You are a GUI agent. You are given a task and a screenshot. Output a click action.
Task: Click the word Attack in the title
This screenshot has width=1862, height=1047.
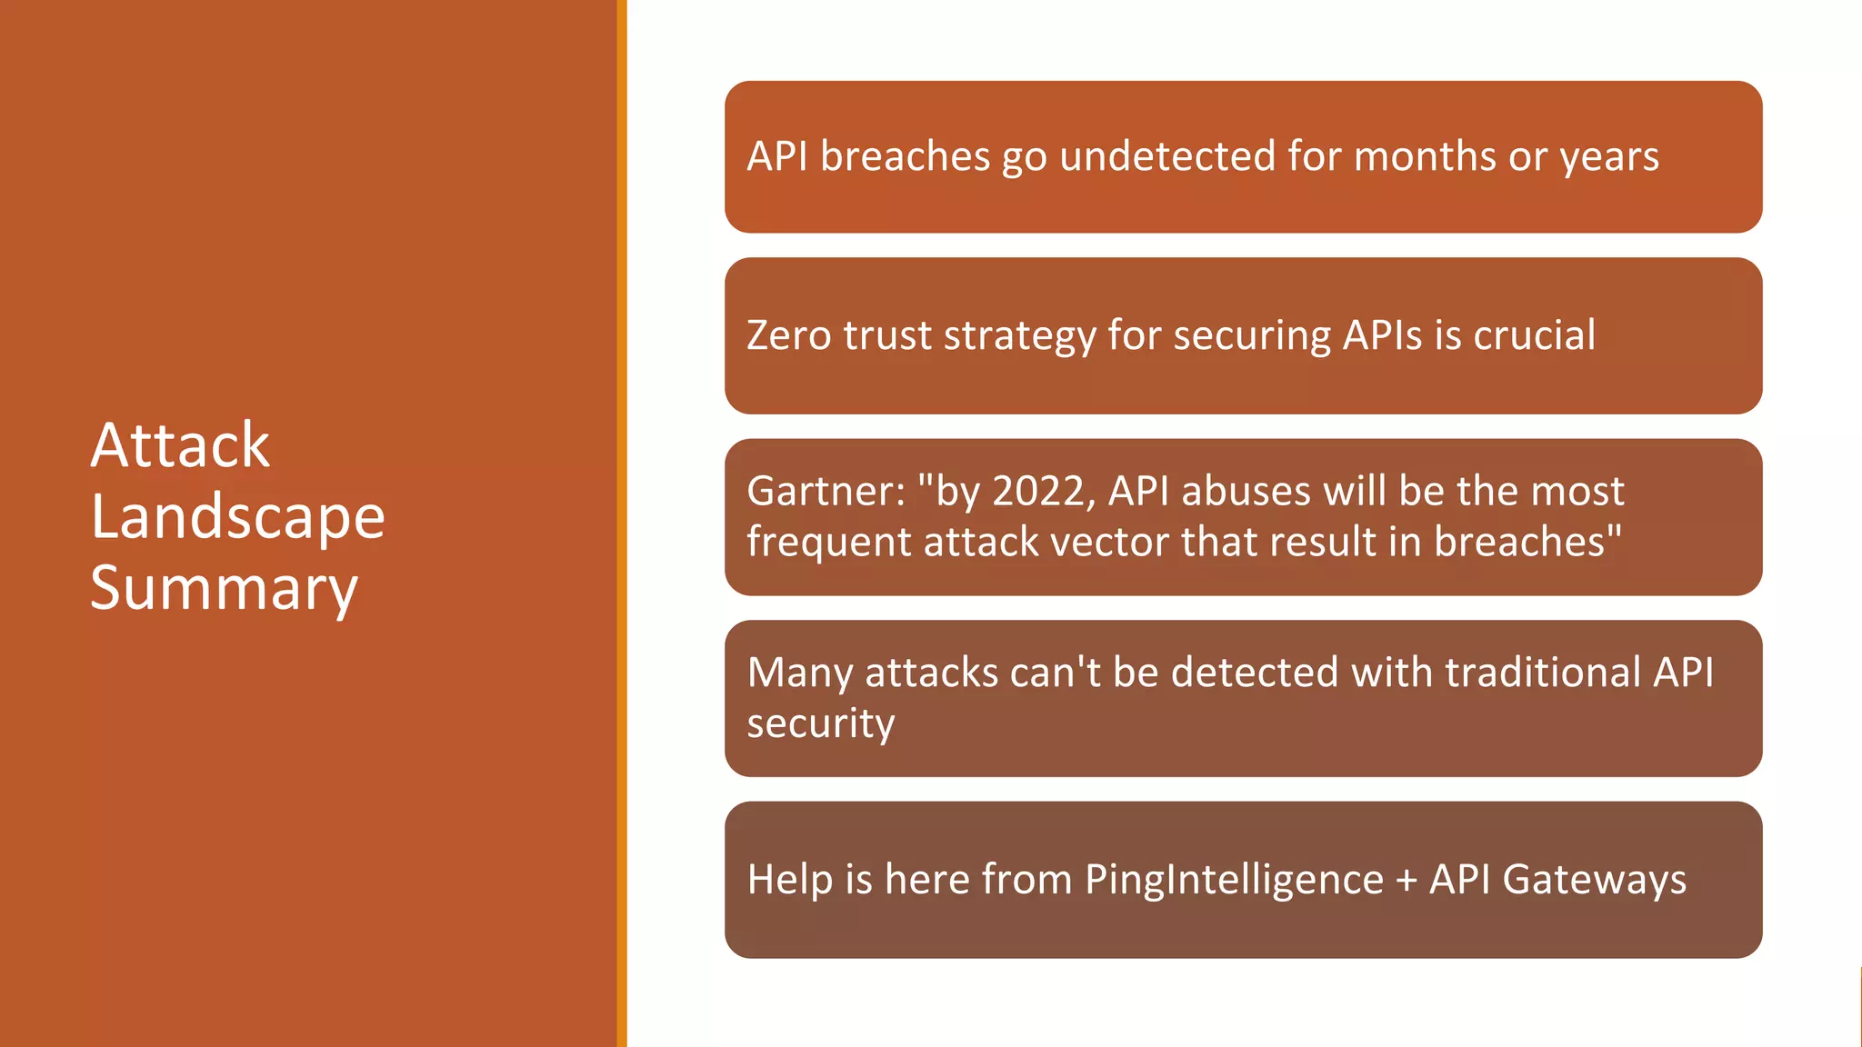[180, 446]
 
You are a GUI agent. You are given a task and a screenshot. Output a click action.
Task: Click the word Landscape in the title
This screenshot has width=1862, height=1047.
[237, 517]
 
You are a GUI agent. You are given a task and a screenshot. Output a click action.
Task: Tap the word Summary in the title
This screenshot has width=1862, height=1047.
[224, 588]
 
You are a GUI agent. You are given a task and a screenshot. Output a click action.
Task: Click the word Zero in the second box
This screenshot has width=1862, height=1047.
[788, 335]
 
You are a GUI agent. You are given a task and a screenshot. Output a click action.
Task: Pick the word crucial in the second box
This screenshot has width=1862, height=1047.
[1534, 335]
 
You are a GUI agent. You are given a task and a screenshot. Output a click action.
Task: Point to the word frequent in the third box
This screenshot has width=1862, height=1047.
[828, 543]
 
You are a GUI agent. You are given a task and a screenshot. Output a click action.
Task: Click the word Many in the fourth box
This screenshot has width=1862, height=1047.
[799, 673]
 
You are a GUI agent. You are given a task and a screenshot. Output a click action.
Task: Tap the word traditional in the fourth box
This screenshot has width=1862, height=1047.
[1542, 673]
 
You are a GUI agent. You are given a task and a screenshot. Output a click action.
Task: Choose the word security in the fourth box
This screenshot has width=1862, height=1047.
[821, 724]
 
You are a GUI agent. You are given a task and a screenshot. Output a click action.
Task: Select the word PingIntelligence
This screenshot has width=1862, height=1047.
[1234, 881]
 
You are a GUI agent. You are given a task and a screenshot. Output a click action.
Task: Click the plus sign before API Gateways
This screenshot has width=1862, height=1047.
[1406, 881]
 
